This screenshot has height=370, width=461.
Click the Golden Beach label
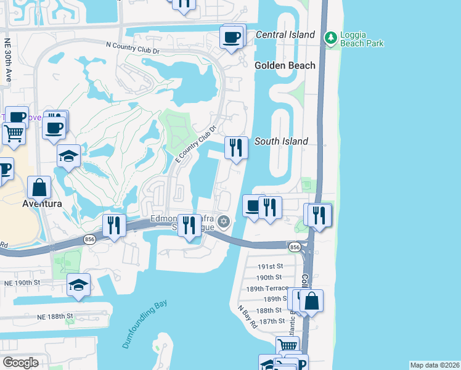[285, 65]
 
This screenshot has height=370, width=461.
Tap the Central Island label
[285, 35]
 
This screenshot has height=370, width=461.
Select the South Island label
[281, 141]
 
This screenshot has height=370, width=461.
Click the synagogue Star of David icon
[224, 221]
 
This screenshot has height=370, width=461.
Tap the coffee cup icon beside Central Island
[232, 37]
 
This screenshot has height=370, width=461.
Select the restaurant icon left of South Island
[235, 148]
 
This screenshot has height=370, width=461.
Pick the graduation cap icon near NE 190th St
[79, 285]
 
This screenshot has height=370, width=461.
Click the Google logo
[20, 362]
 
